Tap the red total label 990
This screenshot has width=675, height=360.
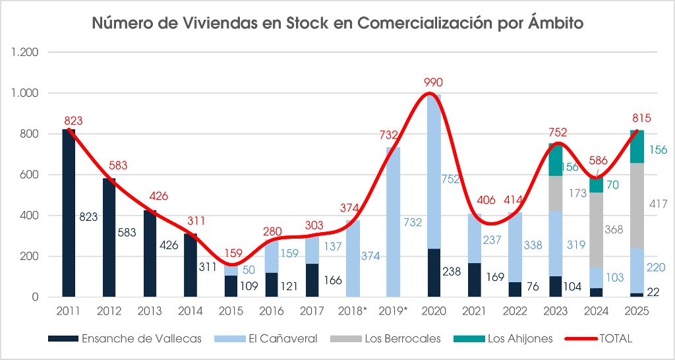[433, 82]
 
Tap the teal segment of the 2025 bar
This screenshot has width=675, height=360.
[637, 146]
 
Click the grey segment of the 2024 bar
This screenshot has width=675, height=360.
[596, 229]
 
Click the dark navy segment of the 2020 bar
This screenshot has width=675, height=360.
[434, 272]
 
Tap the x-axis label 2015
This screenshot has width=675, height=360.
[231, 311]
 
